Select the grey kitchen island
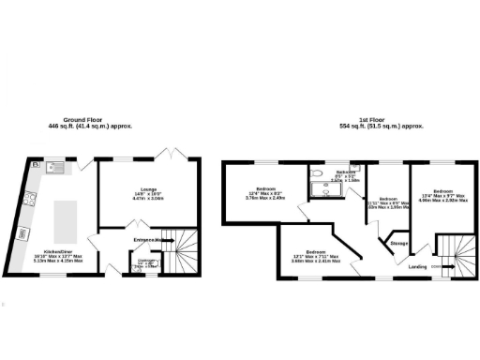pos(66,222)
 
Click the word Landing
pos(419,266)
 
